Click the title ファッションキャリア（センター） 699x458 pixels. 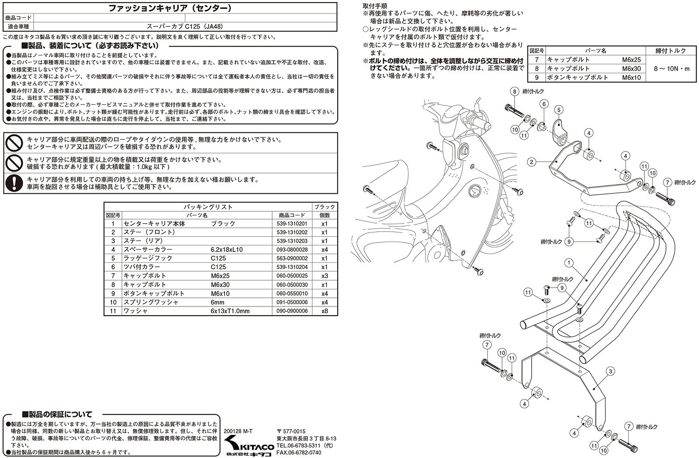coord(170,8)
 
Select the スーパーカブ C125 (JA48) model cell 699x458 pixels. coord(185,27)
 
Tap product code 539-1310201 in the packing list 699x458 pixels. coord(292,224)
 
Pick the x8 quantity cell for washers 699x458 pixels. coord(325,311)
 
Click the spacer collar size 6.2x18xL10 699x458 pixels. coord(227,249)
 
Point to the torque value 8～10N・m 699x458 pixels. coord(671,69)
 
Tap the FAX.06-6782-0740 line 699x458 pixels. coord(299,452)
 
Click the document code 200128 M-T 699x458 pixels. coord(238,431)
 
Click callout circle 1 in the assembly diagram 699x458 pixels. coord(569,263)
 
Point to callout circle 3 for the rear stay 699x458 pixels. coord(610,371)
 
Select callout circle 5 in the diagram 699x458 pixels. coord(559,110)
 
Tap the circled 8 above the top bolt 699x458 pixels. coord(515,91)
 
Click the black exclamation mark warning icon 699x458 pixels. coord(14,183)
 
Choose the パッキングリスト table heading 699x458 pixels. coord(208,207)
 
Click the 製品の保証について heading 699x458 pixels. coord(57,414)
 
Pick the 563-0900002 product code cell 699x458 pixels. coord(292,258)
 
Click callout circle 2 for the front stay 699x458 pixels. coord(532,162)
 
